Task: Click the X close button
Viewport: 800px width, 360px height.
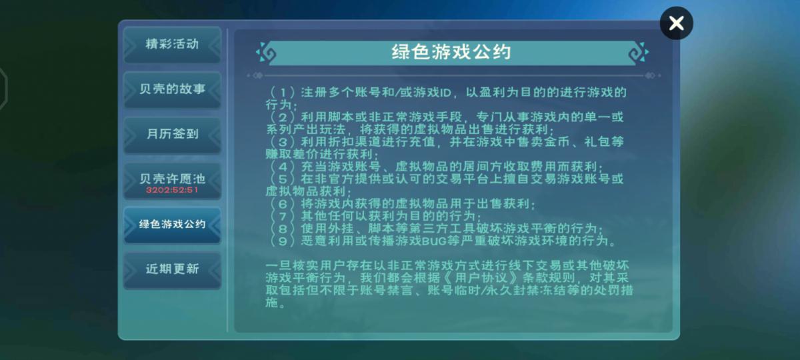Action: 677,23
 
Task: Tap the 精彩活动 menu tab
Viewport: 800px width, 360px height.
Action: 172,45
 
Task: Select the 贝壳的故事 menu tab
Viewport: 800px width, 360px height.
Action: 172,89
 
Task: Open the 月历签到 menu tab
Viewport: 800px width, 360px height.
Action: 172,135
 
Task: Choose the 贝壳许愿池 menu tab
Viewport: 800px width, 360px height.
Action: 172,181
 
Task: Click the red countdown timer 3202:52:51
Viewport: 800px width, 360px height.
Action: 172,189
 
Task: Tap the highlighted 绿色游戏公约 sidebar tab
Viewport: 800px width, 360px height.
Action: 172,225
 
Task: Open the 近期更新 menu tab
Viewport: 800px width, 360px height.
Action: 172,269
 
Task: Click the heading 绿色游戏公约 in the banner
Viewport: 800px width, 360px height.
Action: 451,52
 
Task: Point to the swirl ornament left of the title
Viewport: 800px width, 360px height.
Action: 266,53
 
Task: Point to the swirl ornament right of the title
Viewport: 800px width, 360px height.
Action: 639,53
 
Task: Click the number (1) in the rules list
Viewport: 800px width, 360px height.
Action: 282,93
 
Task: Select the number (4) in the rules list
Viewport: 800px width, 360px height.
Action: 282,167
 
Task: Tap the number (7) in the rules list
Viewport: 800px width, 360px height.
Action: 282,217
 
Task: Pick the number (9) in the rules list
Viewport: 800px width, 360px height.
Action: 282,241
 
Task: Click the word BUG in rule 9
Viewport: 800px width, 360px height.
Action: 434,241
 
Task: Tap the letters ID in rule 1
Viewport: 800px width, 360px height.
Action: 446,93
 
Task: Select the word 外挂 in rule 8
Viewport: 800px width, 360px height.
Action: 341,229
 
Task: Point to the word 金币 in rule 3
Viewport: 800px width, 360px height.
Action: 557,142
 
